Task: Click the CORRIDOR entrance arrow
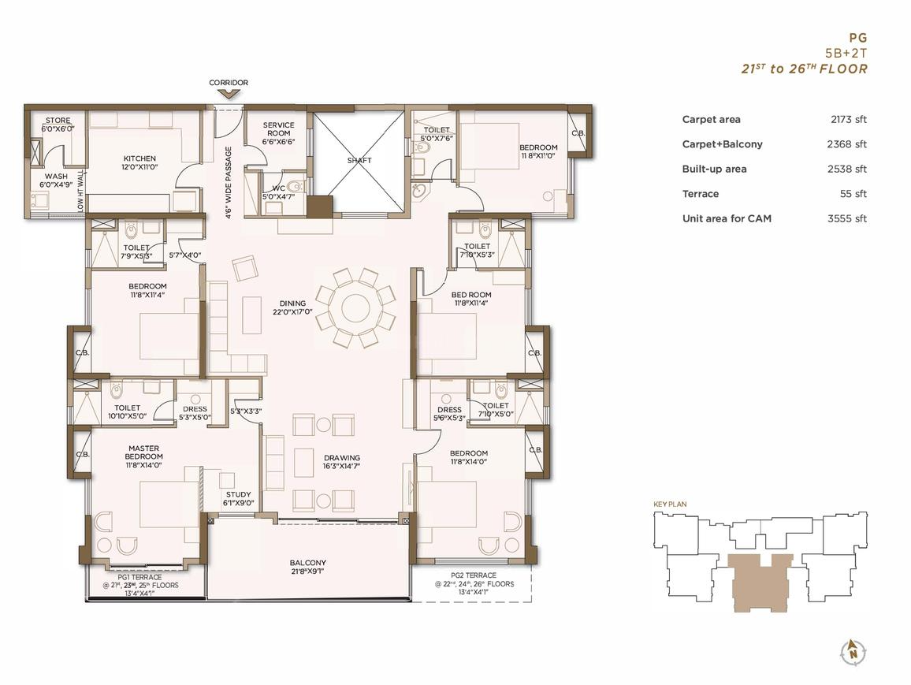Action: click(229, 93)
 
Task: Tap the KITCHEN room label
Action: click(139, 158)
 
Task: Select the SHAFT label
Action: click(359, 160)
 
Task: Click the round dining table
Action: click(355, 308)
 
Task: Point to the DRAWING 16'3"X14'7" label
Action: click(342, 462)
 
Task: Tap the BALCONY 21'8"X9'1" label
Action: click(308, 567)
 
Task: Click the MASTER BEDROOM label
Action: click(143, 452)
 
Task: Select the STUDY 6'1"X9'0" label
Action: click(238, 499)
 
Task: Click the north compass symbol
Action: click(853, 652)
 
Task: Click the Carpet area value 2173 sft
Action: click(848, 120)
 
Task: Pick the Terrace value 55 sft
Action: click(853, 194)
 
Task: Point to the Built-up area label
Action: click(714, 169)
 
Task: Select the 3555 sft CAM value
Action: click(847, 219)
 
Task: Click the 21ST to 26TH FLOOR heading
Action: click(804, 69)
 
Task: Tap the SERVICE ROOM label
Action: click(278, 129)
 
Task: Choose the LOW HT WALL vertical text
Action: click(80, 191)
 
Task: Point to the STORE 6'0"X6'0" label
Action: click(58, 125)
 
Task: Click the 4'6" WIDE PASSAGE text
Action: click(229, 182)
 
